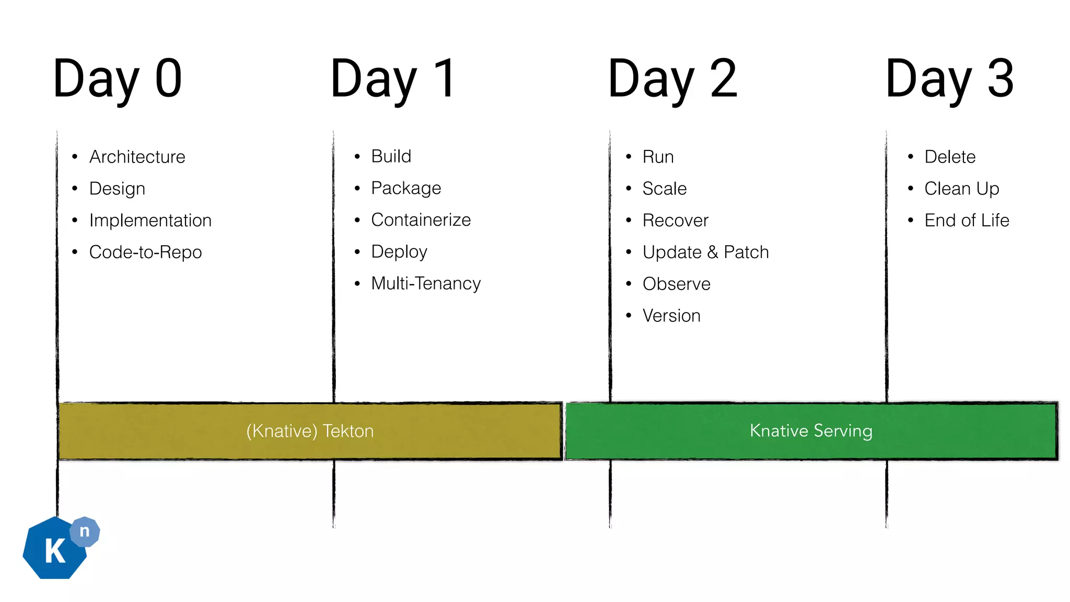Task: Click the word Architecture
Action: tap(137, 157)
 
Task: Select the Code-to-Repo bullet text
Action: tap(145, 252)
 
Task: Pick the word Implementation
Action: tap(150, 221)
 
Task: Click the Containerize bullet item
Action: tap(421, 220)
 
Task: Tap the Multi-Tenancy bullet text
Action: tap(426, 284)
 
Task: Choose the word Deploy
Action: tap(399, 252)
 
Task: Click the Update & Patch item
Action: tap(705, 252)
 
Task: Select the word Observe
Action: tap(676, 284)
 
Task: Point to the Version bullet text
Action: tap(671, 316)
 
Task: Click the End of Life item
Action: tap(967, 221)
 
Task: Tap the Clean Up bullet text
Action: tap(961, 189)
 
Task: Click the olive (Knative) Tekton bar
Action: tap(310, 431)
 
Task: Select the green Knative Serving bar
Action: tap(811, 431)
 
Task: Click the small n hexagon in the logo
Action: tap(85, 531)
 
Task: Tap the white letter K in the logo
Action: tap(55, 551)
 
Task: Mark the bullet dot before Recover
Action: tap(629, 221)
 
